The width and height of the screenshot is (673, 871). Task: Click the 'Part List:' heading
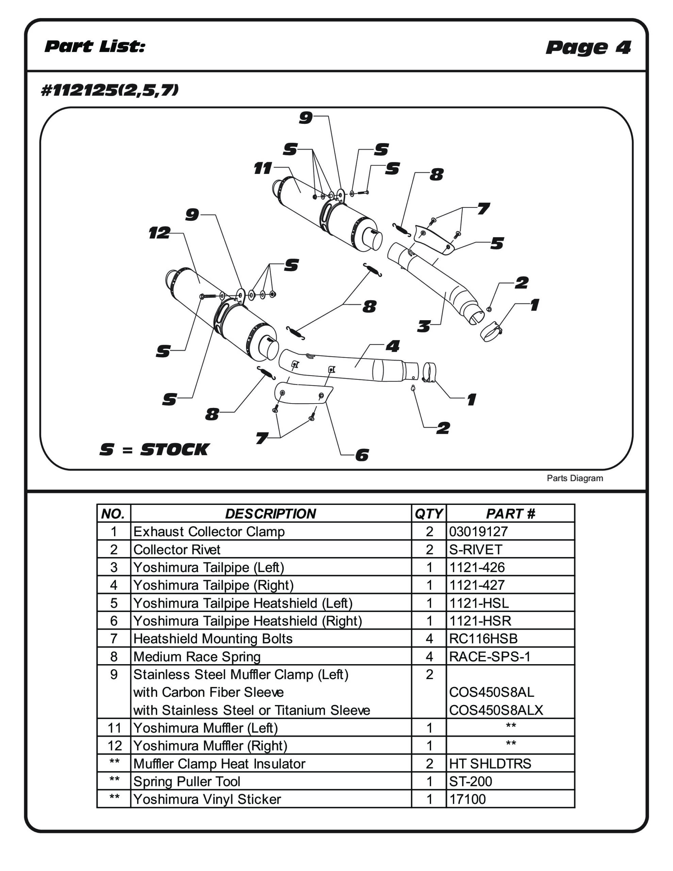click(95, 46)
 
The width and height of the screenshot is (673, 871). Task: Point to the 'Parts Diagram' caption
click(574, 478)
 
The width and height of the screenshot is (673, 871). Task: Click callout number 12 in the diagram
click(160, 233)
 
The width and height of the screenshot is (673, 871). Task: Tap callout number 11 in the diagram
click(263, 168)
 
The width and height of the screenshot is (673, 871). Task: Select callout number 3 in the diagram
click(424, 326)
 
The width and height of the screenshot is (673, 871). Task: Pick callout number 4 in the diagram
click(393, 346)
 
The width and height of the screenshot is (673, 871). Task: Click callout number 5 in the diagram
click(497, 243)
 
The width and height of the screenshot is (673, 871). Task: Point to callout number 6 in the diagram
click(362, 455)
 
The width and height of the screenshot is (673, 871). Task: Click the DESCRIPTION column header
click(270, 514)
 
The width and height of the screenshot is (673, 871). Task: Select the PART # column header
click(510, 514)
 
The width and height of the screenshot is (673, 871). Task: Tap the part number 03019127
click(478, 531)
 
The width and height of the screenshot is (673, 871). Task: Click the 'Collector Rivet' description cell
click(177, 549)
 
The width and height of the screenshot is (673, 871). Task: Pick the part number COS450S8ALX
click(496, 710)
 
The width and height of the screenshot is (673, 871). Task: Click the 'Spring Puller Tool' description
click(187, 782)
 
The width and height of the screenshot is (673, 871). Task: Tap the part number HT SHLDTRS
click(490, 764)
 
